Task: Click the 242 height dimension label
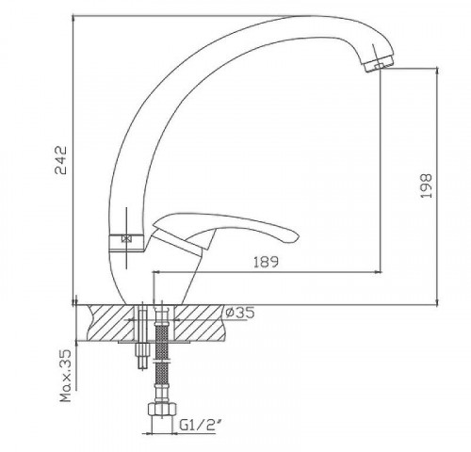tap(61, 160)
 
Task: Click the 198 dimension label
tap(426, 186)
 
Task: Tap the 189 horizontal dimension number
tap(266, 262)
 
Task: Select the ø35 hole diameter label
tap(240, 313)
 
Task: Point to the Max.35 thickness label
tap(66, 377)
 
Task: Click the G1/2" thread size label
tap(198, 426)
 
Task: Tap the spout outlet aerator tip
tap(379, 64)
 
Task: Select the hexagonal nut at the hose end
tap(162, 410)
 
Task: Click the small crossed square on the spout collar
tap(126, 239)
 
